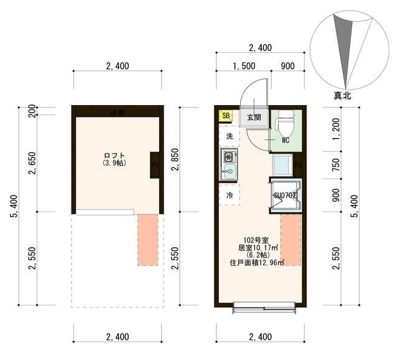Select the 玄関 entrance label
[x=253, y=117]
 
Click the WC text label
[x=285, y=140]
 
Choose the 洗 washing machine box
[x=229, y=136]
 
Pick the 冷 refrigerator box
[x=229, y=195]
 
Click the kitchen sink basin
[x=228, y=172]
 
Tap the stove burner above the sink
[x=228, y=156]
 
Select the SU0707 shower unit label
[x=285, y=195]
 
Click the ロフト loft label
[x=114, y=155]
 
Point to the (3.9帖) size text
[x=114, y=164]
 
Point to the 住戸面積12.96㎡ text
[x=257, y=262]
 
